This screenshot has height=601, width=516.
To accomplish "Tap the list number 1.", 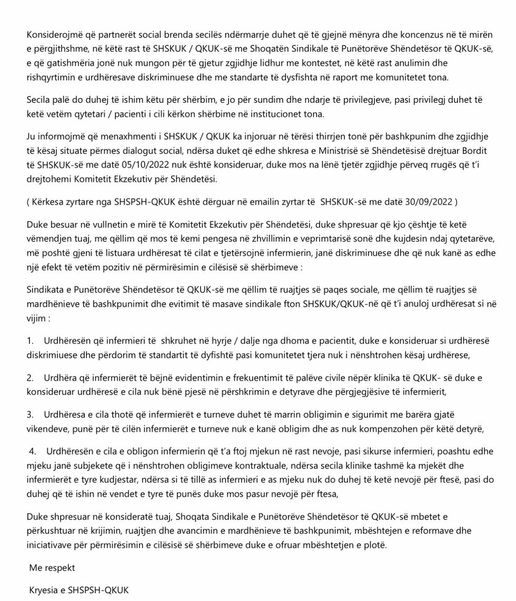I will [x=30, y=341].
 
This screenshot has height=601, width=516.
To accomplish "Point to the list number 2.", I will [x=30, y=377].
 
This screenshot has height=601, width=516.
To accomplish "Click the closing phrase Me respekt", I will [x=52, y=567].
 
